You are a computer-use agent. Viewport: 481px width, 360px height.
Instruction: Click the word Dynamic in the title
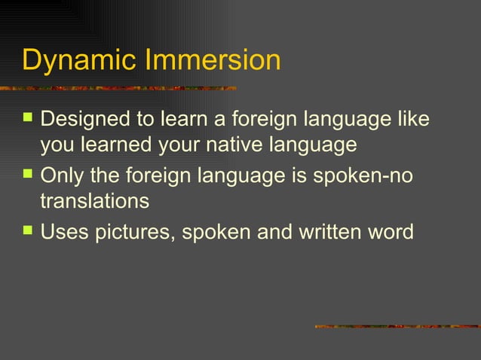coord(73,60)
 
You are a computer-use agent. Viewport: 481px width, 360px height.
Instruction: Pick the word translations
coord(94,201)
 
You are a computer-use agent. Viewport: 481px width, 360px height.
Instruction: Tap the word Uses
coord(63,232)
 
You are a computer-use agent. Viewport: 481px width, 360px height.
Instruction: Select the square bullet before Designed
coord(27,118)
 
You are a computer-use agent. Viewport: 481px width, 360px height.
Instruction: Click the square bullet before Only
coord(27,175)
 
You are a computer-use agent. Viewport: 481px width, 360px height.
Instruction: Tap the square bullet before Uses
coord(27,231)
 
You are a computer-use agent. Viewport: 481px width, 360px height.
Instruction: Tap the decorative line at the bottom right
coord(397,326)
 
